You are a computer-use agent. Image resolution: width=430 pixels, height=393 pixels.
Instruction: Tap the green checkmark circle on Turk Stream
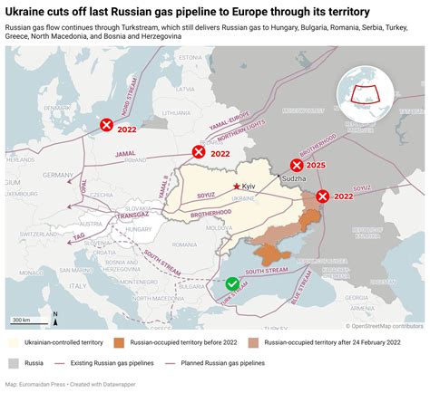[x=232, y=283]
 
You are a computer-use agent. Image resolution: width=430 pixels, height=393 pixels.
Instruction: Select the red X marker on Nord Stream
[x=108, y=125]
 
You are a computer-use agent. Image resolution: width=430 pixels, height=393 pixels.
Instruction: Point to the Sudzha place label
[x=295, y=179]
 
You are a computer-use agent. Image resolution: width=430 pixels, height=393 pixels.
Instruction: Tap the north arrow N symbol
[x=54, y=318]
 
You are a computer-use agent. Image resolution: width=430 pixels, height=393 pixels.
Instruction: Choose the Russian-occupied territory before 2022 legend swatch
[x=119, y=343]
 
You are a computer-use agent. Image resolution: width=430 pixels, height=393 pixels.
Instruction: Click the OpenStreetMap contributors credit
[x=386, y=326]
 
